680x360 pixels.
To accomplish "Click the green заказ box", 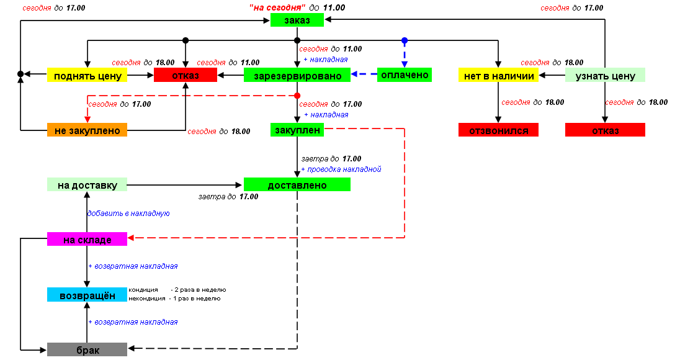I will coord(297,20).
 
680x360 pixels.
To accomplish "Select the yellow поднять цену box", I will coord(87,76).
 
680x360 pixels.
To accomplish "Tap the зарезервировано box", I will coord(297,76).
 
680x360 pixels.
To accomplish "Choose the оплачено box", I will coord(404,75).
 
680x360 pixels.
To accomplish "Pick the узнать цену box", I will coord(605,76).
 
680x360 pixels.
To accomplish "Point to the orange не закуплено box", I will coord(87,130).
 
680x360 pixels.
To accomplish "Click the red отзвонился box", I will coord(498,130).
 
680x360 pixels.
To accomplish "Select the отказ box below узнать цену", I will coord(605,130).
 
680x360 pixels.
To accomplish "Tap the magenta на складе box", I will coord(87,239).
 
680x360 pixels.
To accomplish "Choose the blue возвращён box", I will coord(87,295).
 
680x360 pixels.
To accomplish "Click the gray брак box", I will coord(87,349).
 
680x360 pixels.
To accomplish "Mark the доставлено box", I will coord(297,184).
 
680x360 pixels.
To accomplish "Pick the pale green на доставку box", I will coord(87,184).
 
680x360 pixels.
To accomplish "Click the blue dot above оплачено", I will coord(405,40).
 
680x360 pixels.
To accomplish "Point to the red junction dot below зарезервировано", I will coord(297,96).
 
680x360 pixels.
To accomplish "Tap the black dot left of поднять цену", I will coord(20,75).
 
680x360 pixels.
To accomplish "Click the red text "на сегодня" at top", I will coord(277,8).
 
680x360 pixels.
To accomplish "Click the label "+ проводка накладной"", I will coord(341,169).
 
